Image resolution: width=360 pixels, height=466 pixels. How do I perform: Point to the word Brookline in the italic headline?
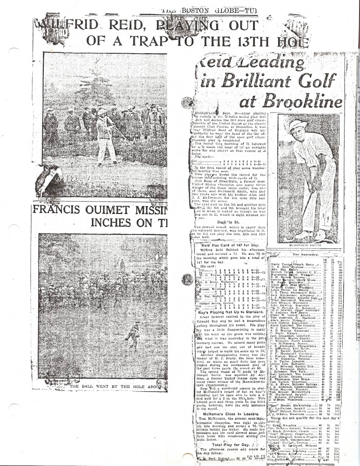[304, 100]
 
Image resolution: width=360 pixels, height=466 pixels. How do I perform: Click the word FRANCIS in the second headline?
[62, 211]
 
